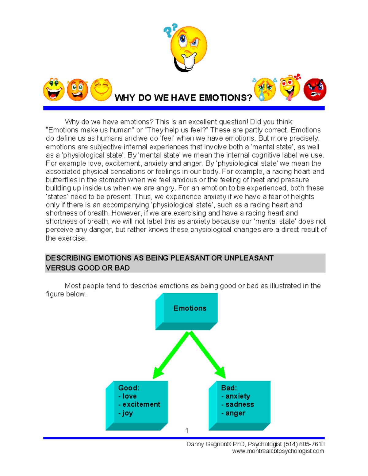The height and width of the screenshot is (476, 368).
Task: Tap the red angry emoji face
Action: click(x=315, y=90)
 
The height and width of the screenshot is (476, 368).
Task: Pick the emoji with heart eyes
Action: click(x=290, y=88)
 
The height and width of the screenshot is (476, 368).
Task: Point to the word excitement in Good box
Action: click(x=141, y=405)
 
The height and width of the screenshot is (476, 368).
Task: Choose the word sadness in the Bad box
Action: click(x=240, y=405)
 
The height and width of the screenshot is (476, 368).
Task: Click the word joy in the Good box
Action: click(x=128, y=413)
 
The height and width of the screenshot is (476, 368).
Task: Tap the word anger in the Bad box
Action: click(x=235, y=413)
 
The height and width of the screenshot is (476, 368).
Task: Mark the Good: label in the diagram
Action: click(x=129, y=388)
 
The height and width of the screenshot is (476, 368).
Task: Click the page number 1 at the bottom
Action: click(x=187, y=431)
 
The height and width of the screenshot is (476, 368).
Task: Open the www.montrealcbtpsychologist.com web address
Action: click(x=278, y=451)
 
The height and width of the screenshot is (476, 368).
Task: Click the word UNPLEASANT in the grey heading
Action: click(x=249, y=258)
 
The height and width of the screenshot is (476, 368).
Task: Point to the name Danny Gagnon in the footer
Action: click(x=206, y=444)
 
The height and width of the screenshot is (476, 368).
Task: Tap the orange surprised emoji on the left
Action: click(x=77, y=90)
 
